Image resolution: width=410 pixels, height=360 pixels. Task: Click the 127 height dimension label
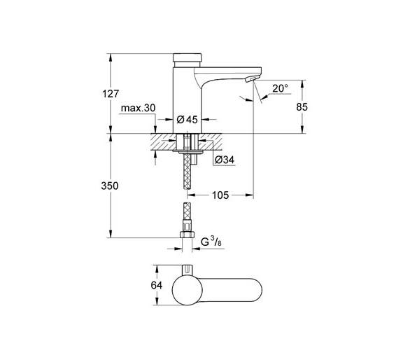click(x=111, y=93)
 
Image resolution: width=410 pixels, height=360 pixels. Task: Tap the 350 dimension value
click(x=110, y=186)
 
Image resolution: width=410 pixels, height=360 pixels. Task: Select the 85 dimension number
click(x=302, y=107)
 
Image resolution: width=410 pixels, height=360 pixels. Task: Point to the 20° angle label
click(x=280, y=88)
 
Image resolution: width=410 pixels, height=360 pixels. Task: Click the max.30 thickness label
click(x=139, y=108)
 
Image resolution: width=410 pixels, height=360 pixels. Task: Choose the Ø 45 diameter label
click(x=188, y=120)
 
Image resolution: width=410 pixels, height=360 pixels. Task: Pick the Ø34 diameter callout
click(x=225, y=160)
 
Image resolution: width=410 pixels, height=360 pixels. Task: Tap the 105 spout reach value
click(x=220, y=195)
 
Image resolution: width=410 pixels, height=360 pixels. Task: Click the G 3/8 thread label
click(x=211, y=242)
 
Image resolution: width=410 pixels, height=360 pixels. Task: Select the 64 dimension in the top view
click(x=157, y=285)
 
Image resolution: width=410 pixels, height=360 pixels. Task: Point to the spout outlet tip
click(x=252, y=78)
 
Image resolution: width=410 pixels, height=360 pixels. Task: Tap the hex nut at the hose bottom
click(x=187, y=235)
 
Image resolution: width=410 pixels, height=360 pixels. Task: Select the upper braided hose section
click(x=188, y=172)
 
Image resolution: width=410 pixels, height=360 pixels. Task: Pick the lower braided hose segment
click(x=188, y=212)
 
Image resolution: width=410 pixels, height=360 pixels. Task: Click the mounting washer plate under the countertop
click(x=188, y=151)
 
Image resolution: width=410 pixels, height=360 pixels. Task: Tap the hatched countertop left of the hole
click(x=164, y=141)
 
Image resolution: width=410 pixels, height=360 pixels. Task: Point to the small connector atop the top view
click(x=188, y=270)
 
